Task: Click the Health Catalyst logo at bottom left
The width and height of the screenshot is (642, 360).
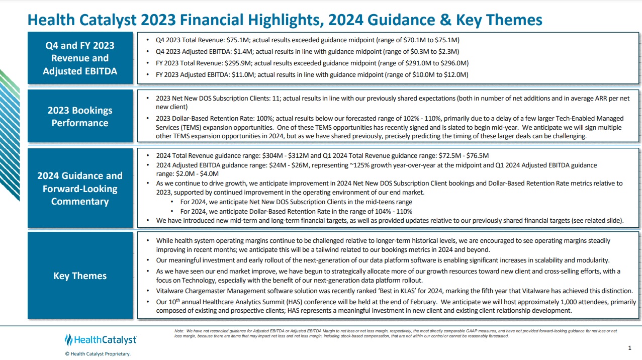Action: coord(101,340)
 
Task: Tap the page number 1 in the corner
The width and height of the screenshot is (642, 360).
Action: coord(630,348)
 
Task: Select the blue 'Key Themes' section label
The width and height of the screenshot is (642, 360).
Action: coord(80,276)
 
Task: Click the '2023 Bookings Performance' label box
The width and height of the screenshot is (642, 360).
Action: coord(80,117)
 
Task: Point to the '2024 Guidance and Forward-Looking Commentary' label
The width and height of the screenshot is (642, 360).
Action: coord(80,189)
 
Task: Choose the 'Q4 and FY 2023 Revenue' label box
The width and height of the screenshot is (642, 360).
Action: coord(80,58)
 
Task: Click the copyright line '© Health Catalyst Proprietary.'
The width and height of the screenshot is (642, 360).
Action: coord(98,354)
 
